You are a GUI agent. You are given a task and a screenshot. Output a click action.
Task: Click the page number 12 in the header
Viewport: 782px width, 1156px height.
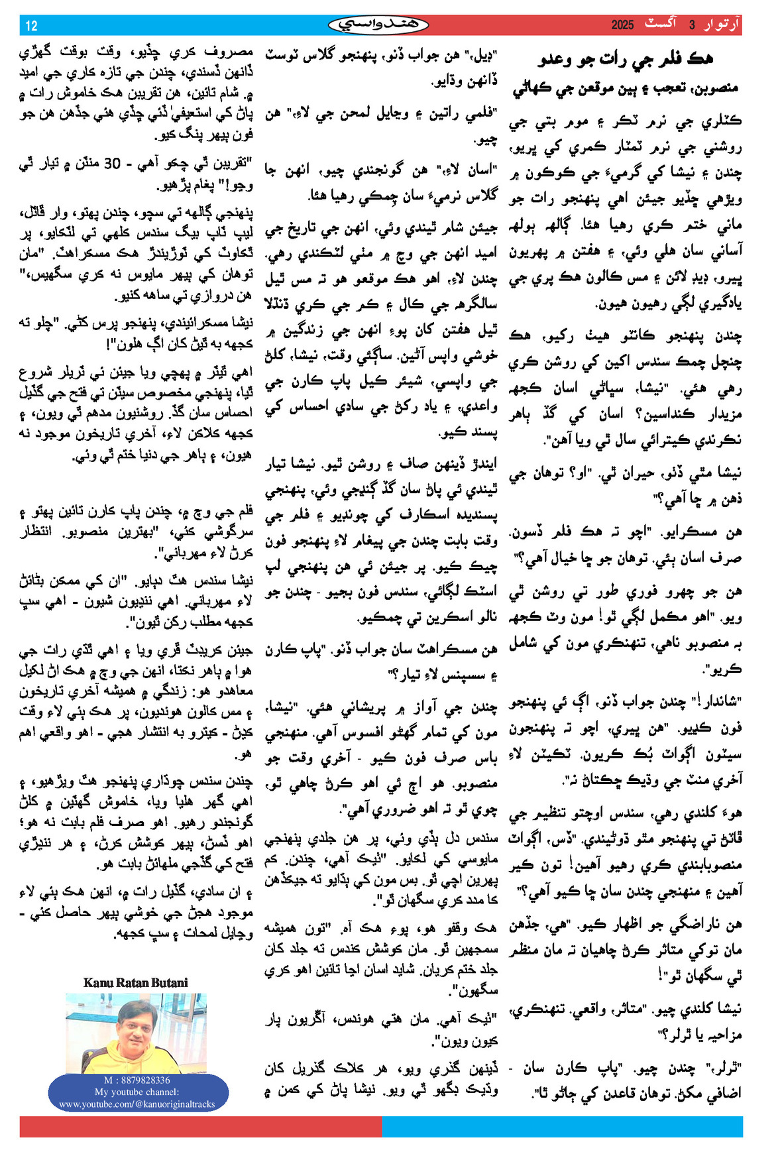coord(31,26)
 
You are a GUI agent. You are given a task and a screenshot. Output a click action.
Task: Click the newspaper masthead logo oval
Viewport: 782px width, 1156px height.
coord(378,25)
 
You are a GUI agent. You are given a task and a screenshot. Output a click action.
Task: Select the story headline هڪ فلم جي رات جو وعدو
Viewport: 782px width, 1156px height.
coord(625,59)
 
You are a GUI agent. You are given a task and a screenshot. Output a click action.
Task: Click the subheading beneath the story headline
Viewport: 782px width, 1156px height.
coord(625,87)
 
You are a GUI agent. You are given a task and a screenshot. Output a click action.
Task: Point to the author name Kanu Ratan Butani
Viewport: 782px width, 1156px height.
coord(136,982)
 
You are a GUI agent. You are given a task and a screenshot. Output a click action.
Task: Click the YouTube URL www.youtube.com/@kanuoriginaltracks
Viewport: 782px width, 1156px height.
coord(137,1104)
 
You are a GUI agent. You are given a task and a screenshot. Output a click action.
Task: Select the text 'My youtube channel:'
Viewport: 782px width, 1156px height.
coord(137,1092)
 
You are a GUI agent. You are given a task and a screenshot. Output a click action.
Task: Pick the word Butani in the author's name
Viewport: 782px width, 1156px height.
coord(170,982)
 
